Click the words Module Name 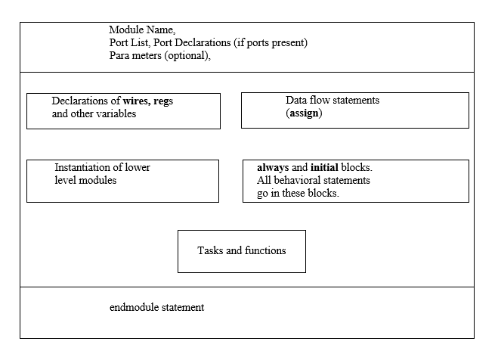click(141, 30)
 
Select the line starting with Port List click(208, 43)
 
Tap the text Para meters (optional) click(159, 55)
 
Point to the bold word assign click(305, 113)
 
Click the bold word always click(273, 167)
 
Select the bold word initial click(324, 167)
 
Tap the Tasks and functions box click(241, 250)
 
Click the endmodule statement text click(156, 308)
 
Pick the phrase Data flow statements click(333, 100)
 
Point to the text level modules click(85, 180)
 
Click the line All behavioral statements click(314, 180)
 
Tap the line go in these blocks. click(298, 193)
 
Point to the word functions click(264, 250)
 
